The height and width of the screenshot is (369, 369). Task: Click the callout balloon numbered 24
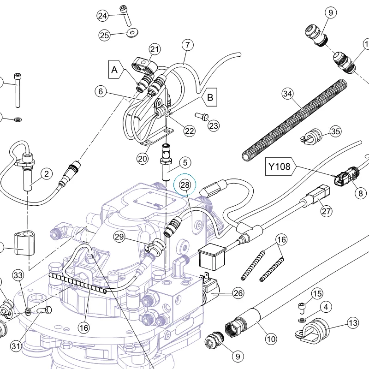click(x=102, y=16)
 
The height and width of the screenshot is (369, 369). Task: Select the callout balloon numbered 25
click(x=105, y=36)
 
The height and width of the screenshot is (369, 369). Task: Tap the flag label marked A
click(x=116, y=70)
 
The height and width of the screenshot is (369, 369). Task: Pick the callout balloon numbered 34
click(x=288, y=94)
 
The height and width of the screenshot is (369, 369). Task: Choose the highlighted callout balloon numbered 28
click(x=185, y=185)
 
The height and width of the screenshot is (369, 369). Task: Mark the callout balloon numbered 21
click(x=155, y=49)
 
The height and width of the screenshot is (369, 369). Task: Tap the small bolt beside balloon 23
click(x=202, y=116)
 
